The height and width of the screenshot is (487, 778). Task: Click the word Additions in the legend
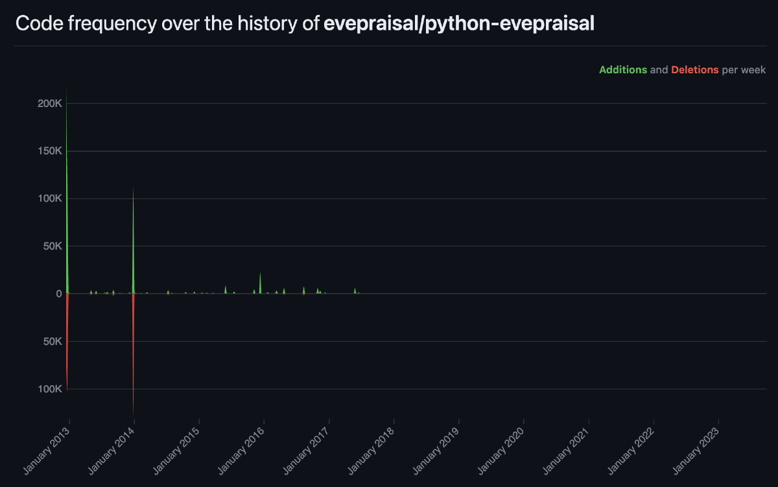(622, 70)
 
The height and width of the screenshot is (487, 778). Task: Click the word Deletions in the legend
(694, 70)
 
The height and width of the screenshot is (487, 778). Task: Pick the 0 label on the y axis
(58, 294)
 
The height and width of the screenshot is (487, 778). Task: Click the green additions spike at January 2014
(133, 246)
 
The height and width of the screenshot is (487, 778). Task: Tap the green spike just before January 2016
(260, 284)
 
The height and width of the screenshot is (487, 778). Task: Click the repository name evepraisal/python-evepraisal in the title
(459, 23)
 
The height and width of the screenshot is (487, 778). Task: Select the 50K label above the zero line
(51, 246)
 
